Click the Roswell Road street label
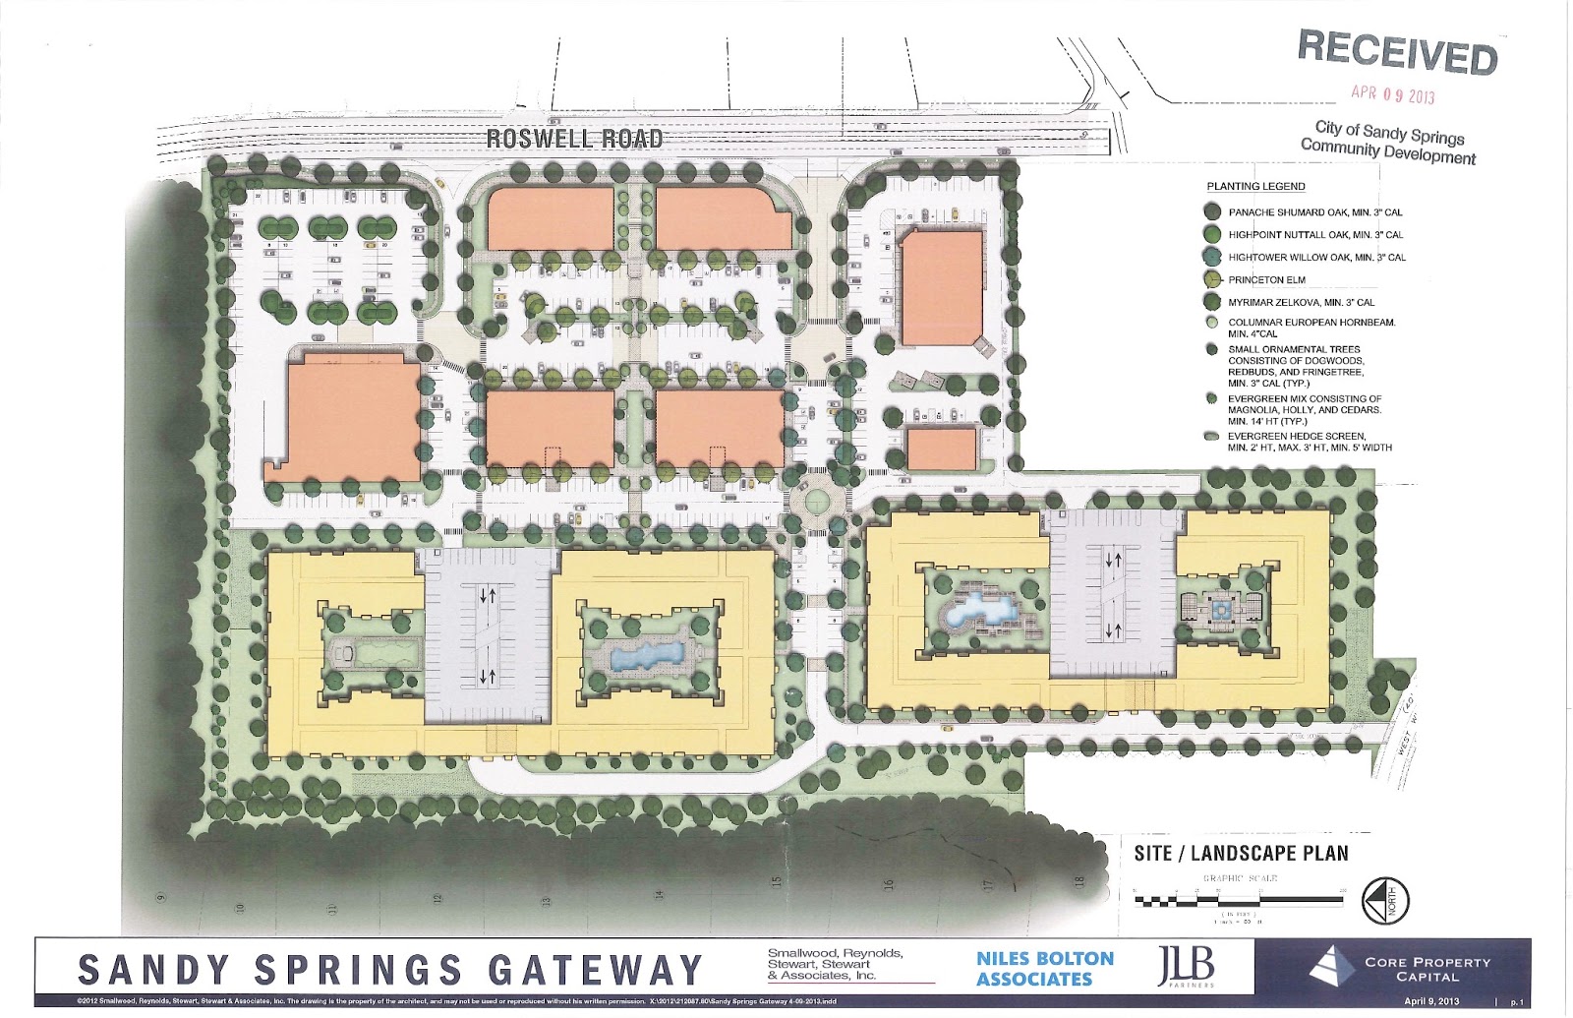point(574,139)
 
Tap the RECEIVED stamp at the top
point(1397,51)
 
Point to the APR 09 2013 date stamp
point(1392,94)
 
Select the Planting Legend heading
point(1255,186)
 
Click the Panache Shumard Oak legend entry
point(1314,212)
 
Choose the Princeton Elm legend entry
point(1266,280)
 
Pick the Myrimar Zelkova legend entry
point(1301,303)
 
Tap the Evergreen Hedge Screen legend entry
point(1309,442)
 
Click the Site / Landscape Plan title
point(1241,853)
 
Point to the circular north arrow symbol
point(1385,900)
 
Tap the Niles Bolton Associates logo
point(1044,968)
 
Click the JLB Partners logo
point(1186,966)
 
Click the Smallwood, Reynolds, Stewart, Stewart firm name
point(835,964)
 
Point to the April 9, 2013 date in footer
point(1431,1001)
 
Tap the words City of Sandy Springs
point(1389,132)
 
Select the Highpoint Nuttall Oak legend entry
point(1314,235)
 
